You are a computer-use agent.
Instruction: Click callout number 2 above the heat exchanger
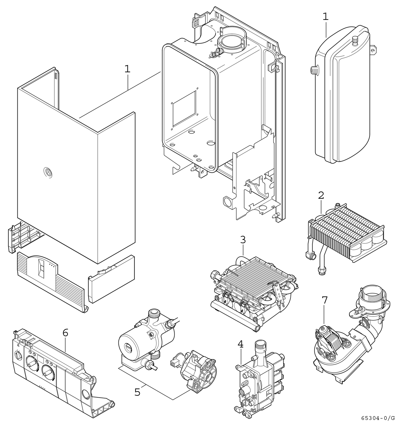(321, 196)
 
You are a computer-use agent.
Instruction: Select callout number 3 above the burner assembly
(243, 240)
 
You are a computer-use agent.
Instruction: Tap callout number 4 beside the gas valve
(240, 344)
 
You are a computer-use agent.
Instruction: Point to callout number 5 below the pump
(137, 392)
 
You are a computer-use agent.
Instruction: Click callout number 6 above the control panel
(65, 333)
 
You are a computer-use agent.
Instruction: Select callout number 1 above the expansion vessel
(326, 17)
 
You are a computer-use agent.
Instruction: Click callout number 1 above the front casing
(127, 69)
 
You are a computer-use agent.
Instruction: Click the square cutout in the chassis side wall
(184, 108)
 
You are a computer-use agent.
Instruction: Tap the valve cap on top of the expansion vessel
(355, 41)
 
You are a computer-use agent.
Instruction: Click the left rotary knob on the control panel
(31, 363)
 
